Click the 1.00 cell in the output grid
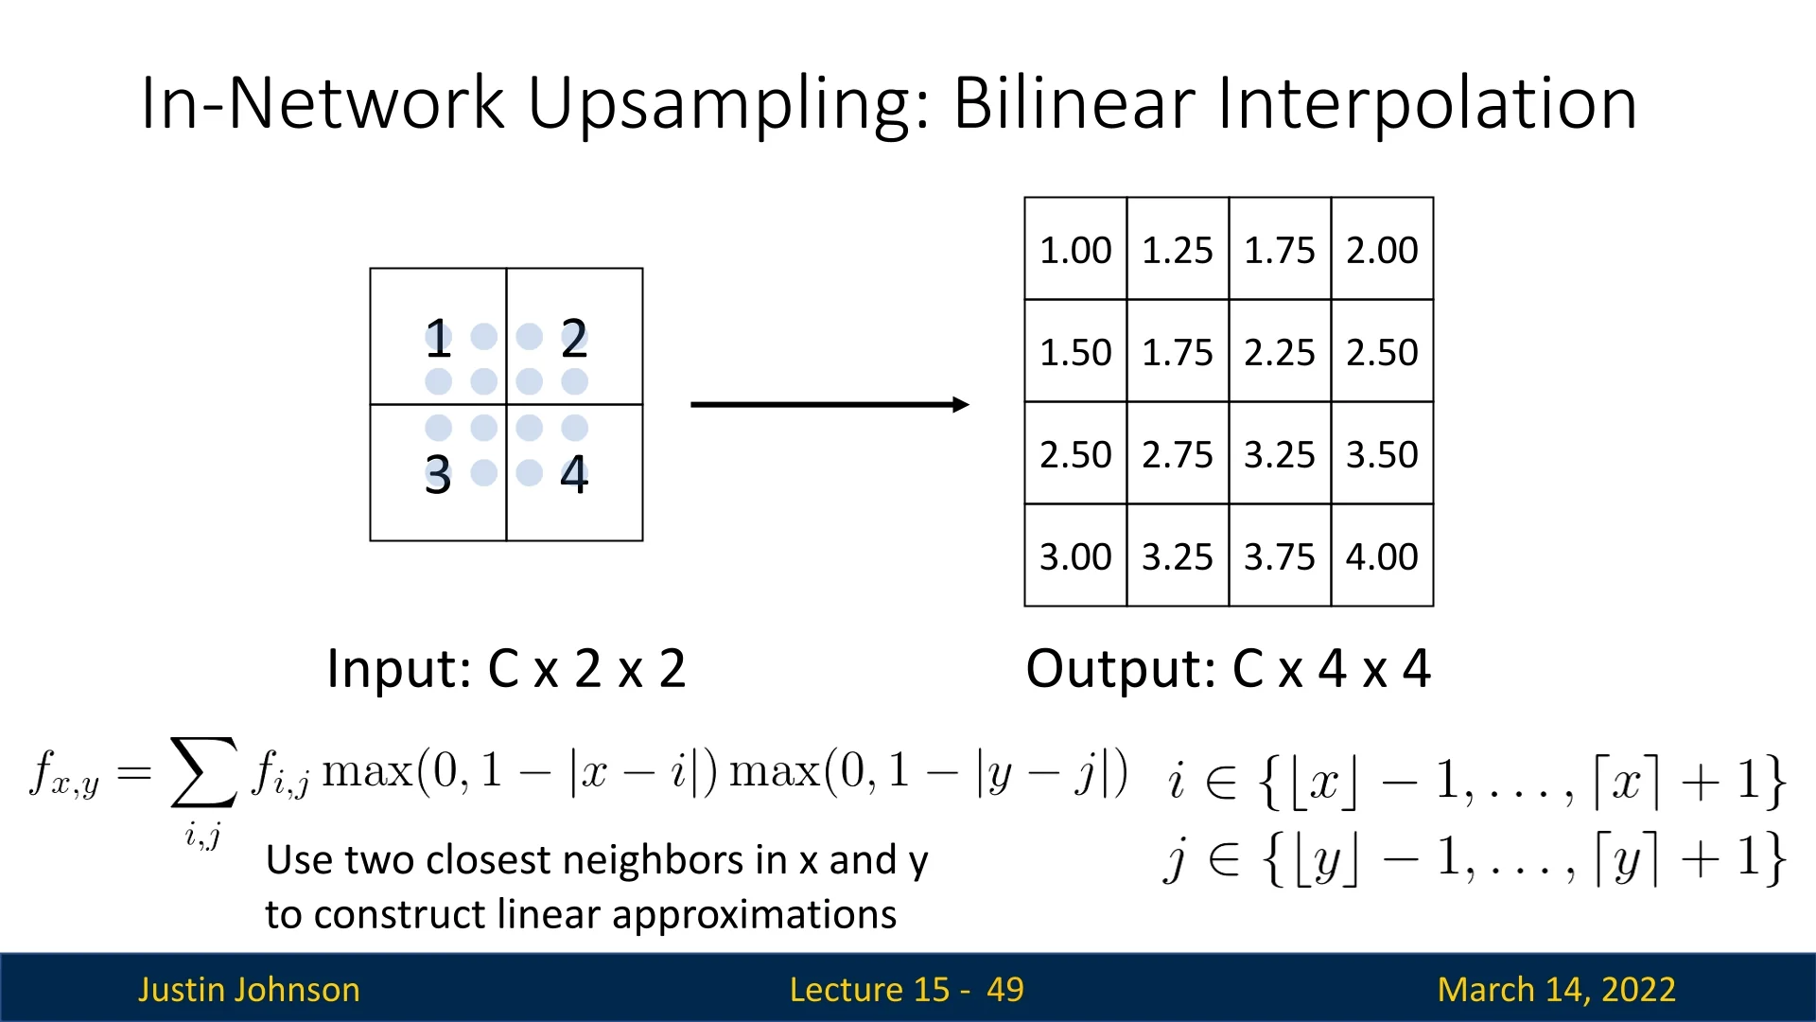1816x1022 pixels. [x=1075, y=249]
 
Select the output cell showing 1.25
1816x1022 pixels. [x=1178, y=249]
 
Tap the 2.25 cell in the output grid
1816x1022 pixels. [x=1280, y=351]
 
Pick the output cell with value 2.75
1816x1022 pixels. [x=1178, y=453]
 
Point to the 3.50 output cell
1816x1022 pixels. [x=1382, y=453]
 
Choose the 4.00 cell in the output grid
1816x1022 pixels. [x=1382, y=555]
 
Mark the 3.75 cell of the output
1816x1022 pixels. [x=1280, y=555]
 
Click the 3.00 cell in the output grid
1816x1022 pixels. [x=1075, y=555]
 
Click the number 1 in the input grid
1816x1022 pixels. [x=437, y=338]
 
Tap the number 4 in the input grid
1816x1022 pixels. [x=574, y=474]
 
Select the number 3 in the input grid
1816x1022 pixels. [x=437, y=474]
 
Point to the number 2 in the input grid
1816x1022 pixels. [x=574, y=338]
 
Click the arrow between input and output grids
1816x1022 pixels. [x=829, y=405]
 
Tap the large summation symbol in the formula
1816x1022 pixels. [x=203, y=772]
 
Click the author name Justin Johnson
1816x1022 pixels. [x=249, y=989]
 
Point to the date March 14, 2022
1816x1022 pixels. [x=1556, y=989]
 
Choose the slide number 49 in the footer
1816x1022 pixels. [x=1004, y=989]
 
